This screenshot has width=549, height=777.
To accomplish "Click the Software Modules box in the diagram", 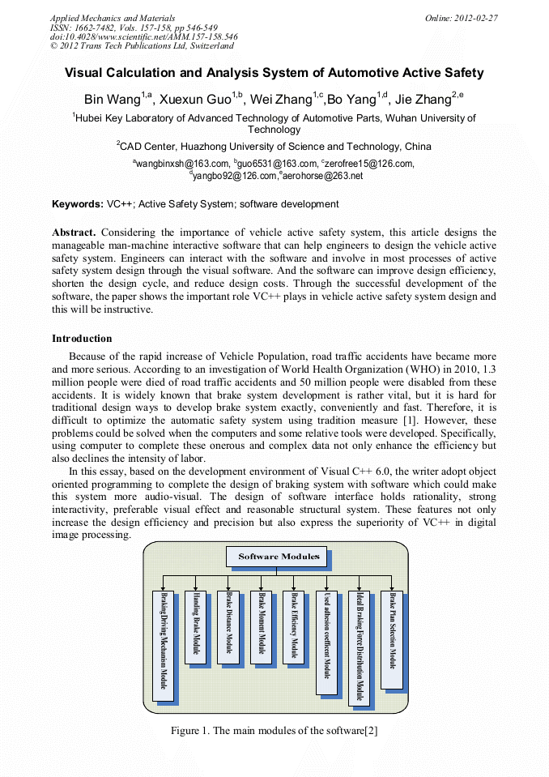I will click(x=278, y=557).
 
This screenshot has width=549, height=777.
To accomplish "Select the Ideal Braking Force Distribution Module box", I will click(x=360, y=645).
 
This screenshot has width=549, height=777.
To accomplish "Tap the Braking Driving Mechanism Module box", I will click(x=163, y=645).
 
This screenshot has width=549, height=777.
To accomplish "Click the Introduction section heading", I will click(x=82, y=339).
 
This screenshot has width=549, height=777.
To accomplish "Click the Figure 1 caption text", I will click(x=274, y=731).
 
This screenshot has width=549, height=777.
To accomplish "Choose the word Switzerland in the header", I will click(x=208, y=46).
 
